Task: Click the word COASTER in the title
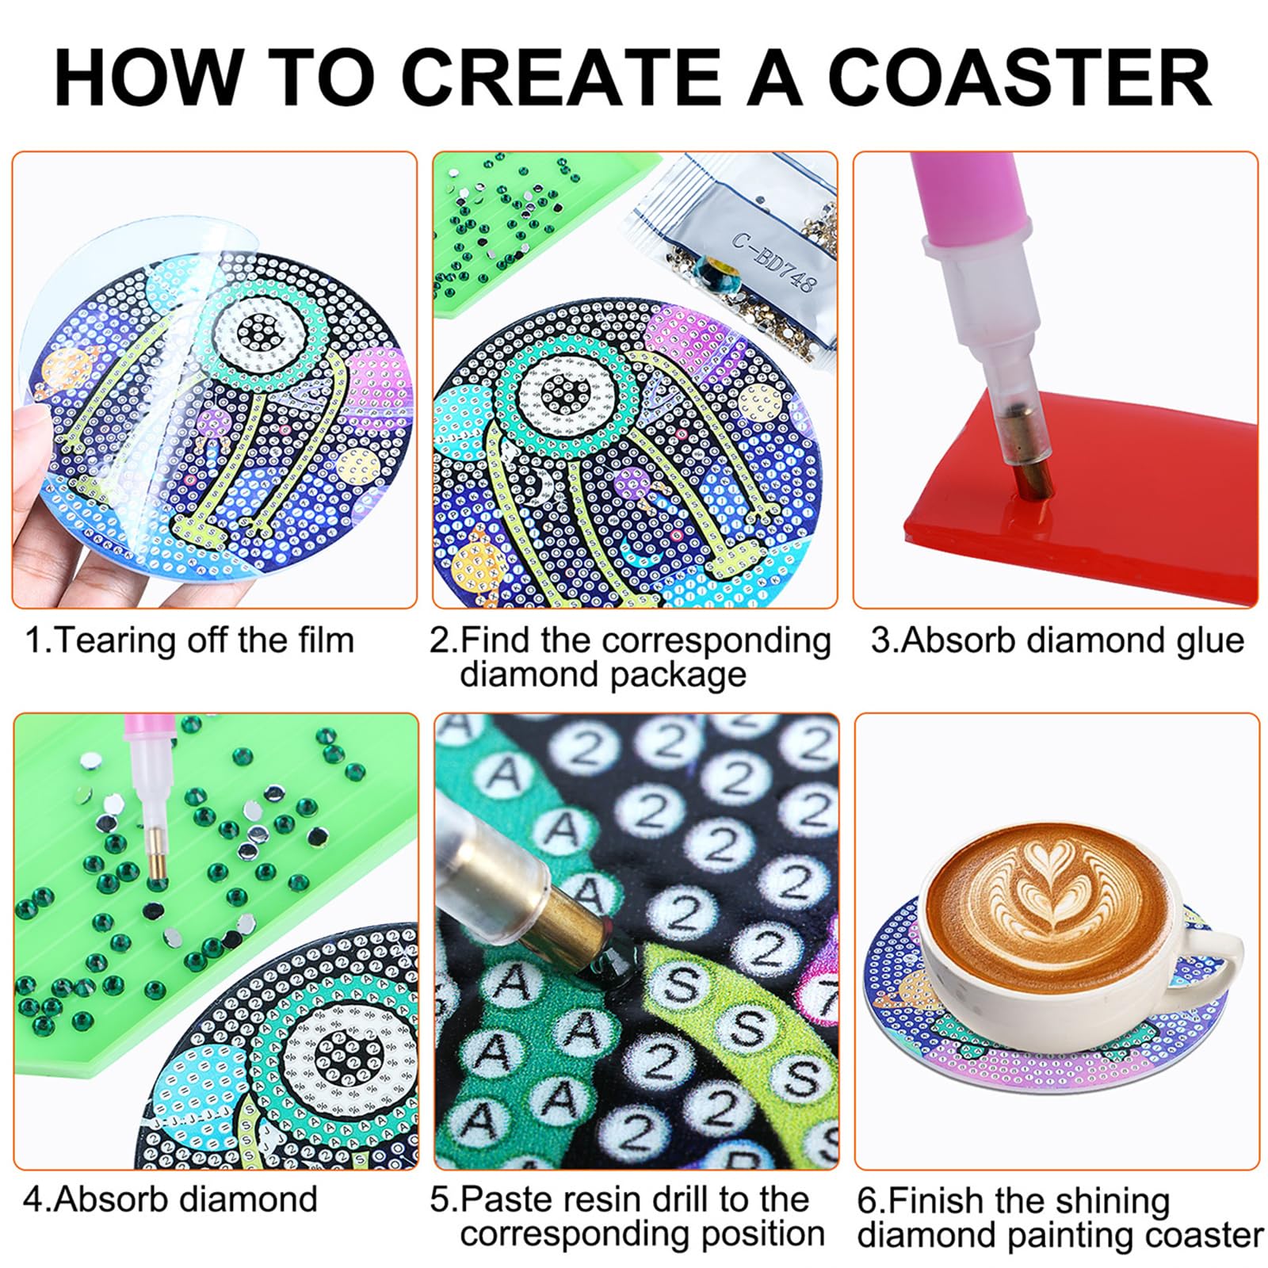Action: pos(1020,77)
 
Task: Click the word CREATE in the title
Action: pos(564,77)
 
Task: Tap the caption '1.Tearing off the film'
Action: pos(189,640)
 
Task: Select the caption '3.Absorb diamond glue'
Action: pos(1057,640)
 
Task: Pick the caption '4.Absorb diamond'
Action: pos(170,1199)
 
